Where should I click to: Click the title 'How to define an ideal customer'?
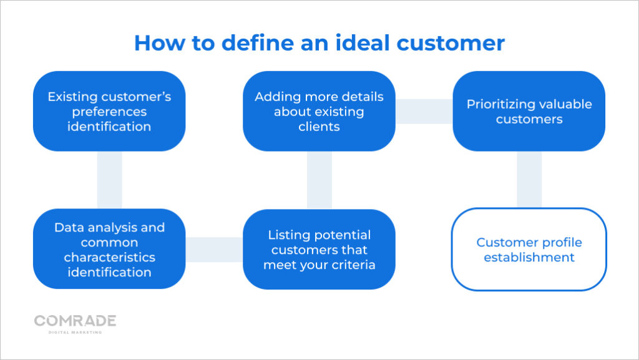click(319, 42)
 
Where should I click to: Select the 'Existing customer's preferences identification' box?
click(109, 111)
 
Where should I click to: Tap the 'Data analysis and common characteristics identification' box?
click(109, 249)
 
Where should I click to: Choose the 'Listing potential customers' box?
click(319, 249)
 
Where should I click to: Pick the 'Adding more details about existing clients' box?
click(319, 111)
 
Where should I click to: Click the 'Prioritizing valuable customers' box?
click(529, 111)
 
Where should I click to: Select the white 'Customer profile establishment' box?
click(529, 249)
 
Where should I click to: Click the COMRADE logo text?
click(75, 321)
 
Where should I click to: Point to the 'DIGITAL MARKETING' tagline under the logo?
click(75, 333)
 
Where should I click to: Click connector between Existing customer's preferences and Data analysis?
click(109, 180)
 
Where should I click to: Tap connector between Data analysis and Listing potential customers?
click(214, 249)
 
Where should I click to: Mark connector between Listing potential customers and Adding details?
click(319, 180)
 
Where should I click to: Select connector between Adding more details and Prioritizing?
click(424, 111)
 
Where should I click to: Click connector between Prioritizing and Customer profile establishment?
click(529, 180)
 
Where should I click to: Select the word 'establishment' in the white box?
click(529, 257)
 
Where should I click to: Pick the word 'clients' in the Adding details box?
click(319, 127)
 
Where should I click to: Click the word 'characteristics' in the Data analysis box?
click(109, 257)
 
